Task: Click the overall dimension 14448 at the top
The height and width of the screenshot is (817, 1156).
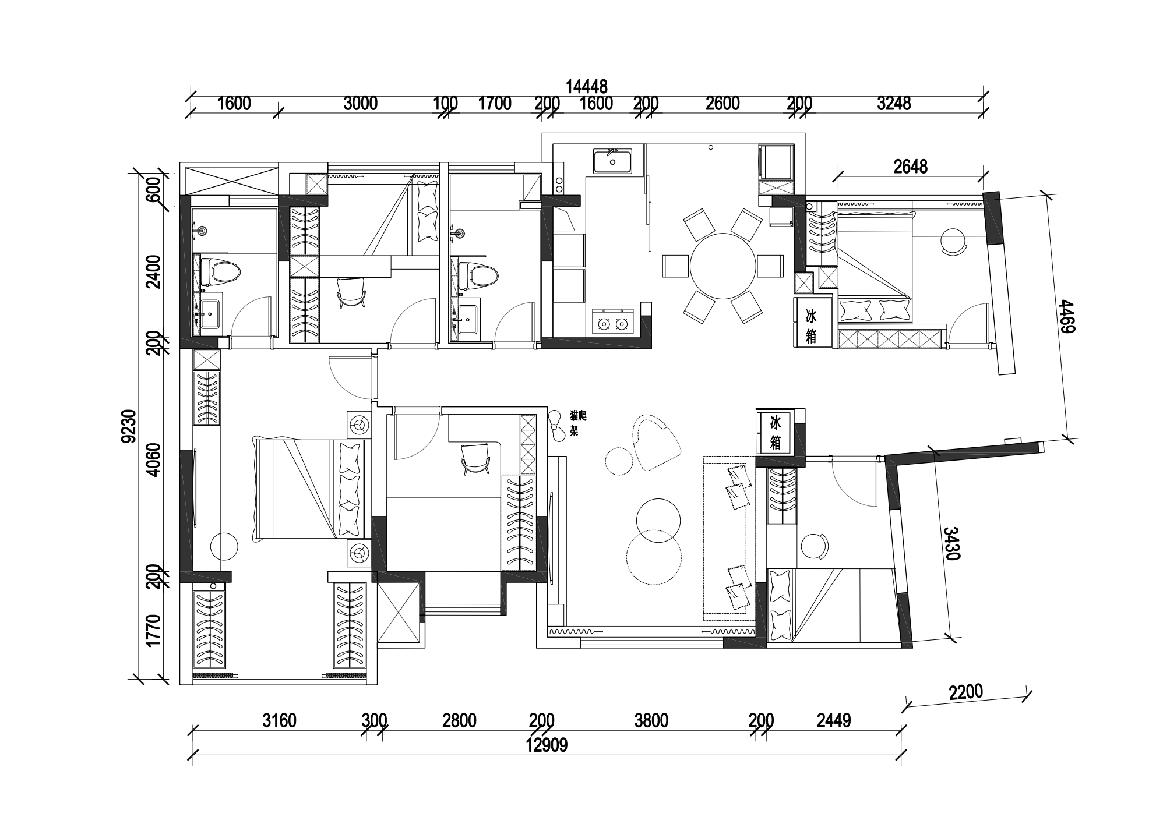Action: pyautogui.click(x=586, y=87)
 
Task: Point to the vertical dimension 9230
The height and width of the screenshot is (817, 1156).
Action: pyautogui.click(x=129, y=426)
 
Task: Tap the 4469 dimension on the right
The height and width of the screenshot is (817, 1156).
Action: pyautogui.click(x=1067, y=316)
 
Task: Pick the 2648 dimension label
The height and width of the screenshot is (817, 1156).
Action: pyautogui.click(x=910, y=167)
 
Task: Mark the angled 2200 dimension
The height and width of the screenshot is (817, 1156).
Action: pyautogui.click(x=965, y=692)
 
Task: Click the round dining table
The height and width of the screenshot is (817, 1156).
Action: pyautogui.click(x=722, y=266)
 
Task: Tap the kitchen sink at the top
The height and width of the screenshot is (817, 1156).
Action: pyautogui.click(x=612, y=161)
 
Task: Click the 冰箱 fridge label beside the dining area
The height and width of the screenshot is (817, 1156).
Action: pyautogui.click(x=811, y=326)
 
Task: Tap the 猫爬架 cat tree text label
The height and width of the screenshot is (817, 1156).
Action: pyautogui.click(x=577, y=423)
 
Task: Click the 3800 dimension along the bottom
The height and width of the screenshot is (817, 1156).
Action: pyautogui.click(x=651, y=721)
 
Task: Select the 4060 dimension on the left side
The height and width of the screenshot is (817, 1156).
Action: pyautogui.click(x=153, y=459)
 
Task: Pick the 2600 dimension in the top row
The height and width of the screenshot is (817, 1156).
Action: pyautogui.click(x=722, y=103)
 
